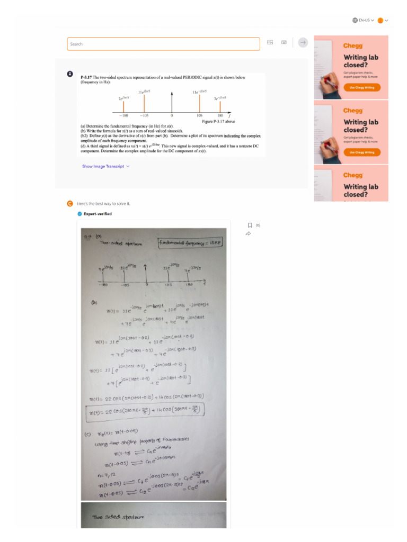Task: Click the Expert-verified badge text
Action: tap(98, 214)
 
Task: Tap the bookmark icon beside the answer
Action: tap(250, 225)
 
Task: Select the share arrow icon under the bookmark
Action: tap(249, 233)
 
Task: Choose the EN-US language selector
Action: tap(364, 21)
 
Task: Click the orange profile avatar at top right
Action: tap(381, 21)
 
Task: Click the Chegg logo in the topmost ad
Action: tap(353, 46)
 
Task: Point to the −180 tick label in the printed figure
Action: tap(123, 115)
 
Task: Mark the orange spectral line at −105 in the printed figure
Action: tap(144, 103)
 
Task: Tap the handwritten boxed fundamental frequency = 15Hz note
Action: tap(183, 243)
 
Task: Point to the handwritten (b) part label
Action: tap(94, 302)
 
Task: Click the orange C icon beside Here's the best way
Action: tap(69, 204)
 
